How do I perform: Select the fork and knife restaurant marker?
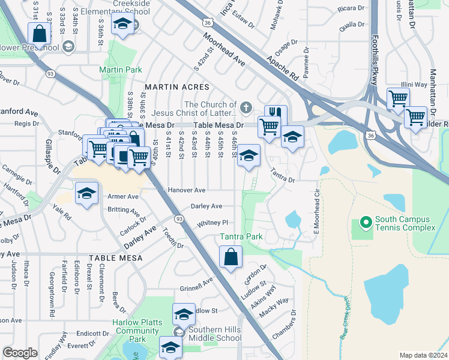276,115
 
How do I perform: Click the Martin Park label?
120,70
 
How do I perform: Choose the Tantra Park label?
241,236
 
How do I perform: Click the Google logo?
20,352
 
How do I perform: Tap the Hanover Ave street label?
186,190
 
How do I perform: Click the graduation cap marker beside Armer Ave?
86,194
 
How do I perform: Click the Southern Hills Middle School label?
214,334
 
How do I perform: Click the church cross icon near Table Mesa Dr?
245,107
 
